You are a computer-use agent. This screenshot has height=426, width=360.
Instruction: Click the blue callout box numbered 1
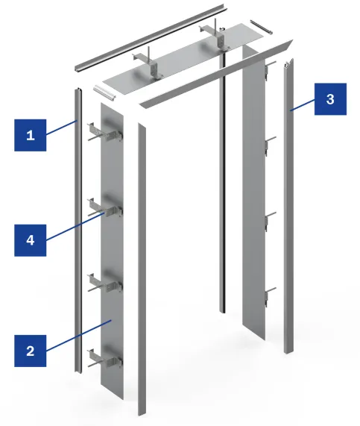coord(30,135)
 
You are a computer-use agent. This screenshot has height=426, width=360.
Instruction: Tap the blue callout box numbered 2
coord(30,351)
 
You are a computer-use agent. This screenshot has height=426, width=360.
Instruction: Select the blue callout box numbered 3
coord(330,99)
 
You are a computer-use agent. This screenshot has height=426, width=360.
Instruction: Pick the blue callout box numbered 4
coord(30,240)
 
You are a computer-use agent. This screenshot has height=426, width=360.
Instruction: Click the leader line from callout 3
coord(303,105)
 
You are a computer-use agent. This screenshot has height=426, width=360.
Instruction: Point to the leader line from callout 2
coord(79,336)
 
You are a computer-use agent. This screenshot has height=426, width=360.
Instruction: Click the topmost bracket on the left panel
coord(105,133)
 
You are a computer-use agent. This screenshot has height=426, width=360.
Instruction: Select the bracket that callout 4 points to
coord(105,208)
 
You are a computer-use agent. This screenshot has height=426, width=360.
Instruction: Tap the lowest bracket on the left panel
coord(105,359)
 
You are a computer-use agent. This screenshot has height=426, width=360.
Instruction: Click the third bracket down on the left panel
coord(105,284)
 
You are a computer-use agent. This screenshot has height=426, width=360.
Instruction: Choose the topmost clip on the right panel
coord(270,70)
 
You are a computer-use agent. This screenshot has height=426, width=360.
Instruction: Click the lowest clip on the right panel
coord(270,297)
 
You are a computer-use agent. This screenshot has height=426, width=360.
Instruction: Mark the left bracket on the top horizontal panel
coord(149,64)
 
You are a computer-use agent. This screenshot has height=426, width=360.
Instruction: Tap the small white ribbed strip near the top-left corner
coord(104,92)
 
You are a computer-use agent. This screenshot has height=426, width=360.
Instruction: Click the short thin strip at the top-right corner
coord(261,27)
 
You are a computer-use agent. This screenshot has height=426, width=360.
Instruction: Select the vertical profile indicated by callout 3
coord(289,207)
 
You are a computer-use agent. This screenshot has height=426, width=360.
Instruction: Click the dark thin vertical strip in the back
coord(223,179)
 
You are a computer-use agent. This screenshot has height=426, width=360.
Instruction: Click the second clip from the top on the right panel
coord(270,146)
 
